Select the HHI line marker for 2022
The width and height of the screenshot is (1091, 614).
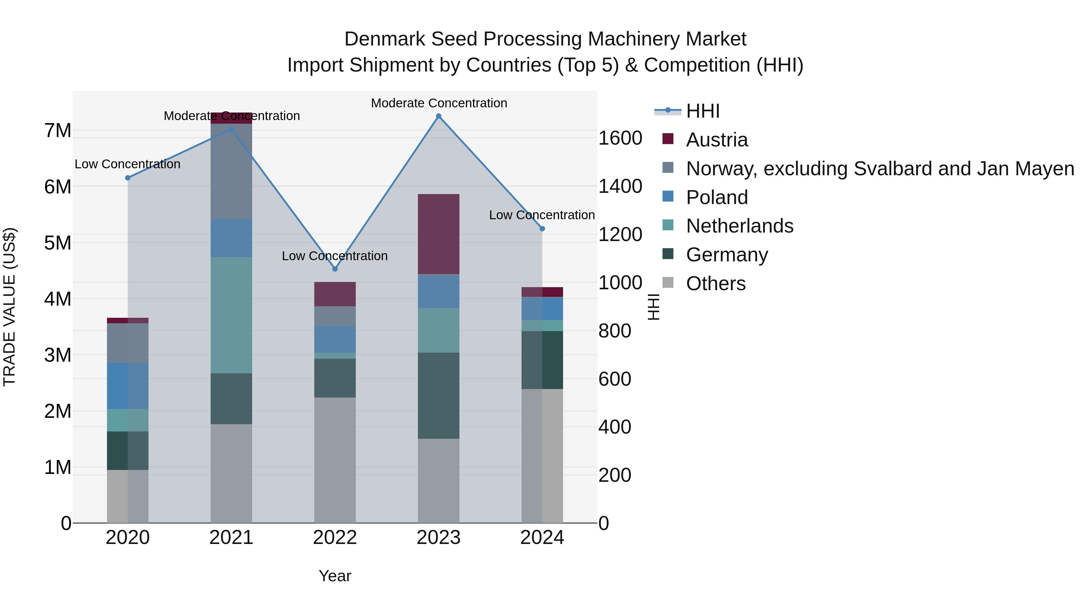pos(335,269)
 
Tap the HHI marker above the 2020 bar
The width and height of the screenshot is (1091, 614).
pos(128,178)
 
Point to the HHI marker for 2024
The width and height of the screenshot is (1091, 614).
pos(542,229)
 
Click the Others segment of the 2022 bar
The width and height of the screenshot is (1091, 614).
pos(335,460)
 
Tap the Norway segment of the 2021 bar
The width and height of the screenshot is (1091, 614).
pos(231,172)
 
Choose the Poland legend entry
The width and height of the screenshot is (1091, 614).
pos(717,197)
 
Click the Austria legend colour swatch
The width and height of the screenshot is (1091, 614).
pos(668,139)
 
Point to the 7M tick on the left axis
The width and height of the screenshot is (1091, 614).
pos(58,130)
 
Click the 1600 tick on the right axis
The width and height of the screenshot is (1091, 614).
pos(620,138)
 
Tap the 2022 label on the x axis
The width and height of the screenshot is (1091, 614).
pos(335,538)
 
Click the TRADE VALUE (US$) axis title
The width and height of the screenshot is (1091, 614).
pos(9,307)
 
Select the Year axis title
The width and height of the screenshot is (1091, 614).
pos(335,576)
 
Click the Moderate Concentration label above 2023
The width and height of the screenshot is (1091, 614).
pos(439,103)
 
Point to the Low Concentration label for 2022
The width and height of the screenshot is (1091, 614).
pos(335,256)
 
